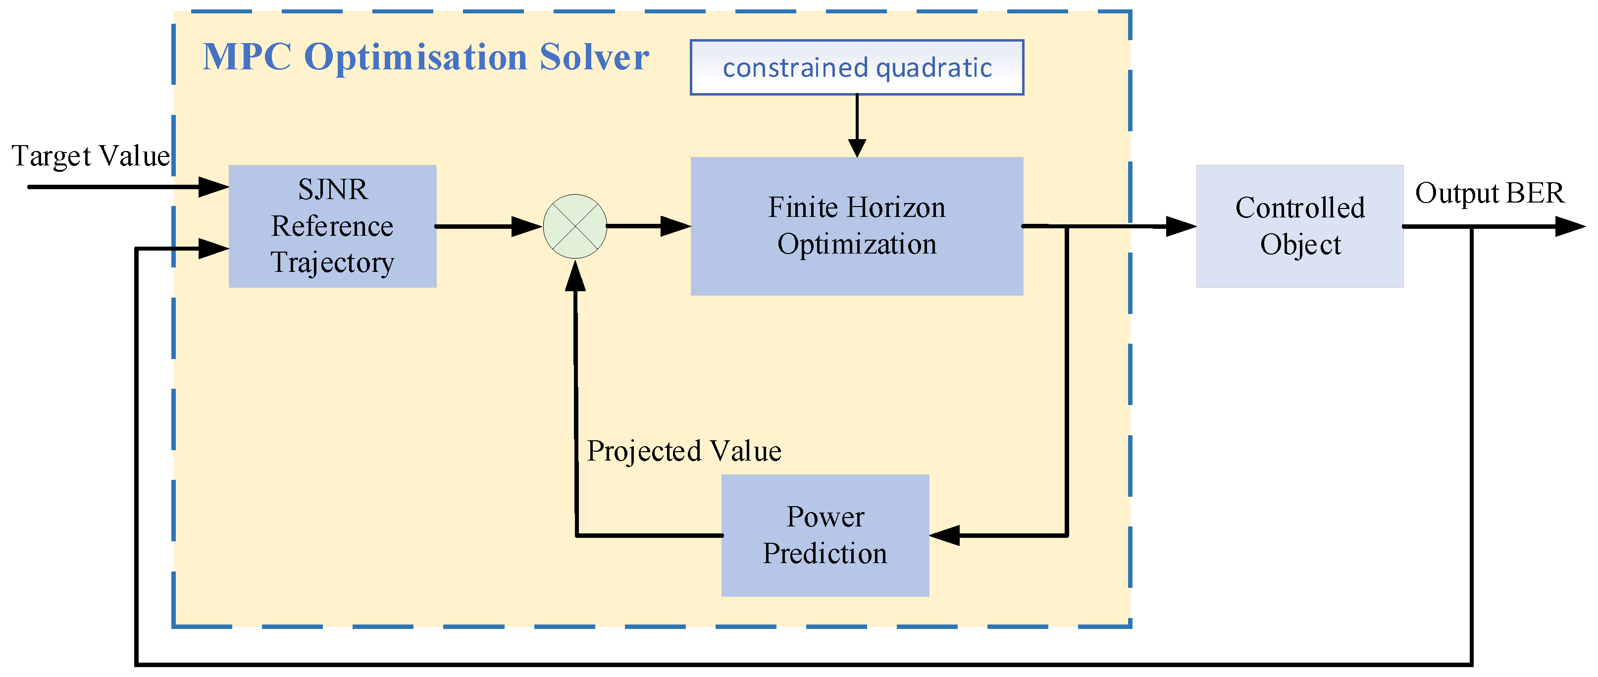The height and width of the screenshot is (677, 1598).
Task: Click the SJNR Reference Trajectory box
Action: (x=332, y=226)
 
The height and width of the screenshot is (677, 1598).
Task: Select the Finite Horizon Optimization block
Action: (x=857, y=226)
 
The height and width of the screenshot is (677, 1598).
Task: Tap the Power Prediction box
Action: (x=825, y=535)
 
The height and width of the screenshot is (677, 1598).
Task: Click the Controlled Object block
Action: (x=1299, y=226)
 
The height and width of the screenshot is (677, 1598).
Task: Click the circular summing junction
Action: (x=575, y=226)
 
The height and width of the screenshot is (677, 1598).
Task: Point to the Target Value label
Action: (x=91, y=156)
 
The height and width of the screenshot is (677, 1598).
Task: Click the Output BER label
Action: (x=1490, y=193)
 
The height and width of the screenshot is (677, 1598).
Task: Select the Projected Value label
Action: (x=683, y=451)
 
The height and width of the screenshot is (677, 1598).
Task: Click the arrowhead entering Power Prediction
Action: (x=944, y=535)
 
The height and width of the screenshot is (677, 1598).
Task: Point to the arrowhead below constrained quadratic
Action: (x=857, y=148)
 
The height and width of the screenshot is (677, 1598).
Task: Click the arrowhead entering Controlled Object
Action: (x=1180, y=226)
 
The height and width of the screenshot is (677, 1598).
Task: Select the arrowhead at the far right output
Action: (x=1569, y=226)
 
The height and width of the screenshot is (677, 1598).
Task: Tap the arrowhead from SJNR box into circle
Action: (x=526, y=226)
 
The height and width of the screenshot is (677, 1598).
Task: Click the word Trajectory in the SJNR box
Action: (x=332, y=262)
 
